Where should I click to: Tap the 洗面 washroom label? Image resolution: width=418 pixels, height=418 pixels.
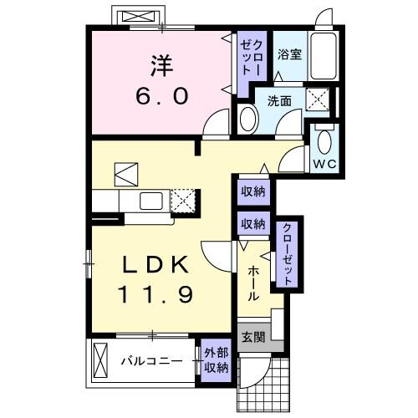coord(279,102)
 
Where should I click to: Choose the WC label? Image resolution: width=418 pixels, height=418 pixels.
coord(325,163)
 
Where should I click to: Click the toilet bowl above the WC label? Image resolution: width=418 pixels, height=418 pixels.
coord(325,139)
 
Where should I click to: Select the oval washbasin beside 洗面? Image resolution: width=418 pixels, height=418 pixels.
coord(248,119)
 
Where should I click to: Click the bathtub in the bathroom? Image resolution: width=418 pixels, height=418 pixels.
coord(322,58)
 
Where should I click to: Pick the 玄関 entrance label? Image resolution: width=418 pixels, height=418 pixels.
coord(252,337)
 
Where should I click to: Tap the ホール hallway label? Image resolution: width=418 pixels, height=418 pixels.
coord(252,284)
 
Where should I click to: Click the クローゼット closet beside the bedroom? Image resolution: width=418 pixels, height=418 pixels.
coord(252,59)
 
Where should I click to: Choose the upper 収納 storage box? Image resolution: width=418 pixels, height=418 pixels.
coord(252,191)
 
